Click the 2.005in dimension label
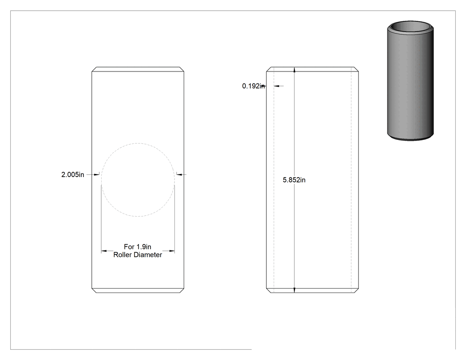click(x=73, y=174)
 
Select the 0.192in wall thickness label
click(x=253, y=86)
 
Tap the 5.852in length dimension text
click(x=294, y=180)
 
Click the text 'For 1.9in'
click(x=138, y=247)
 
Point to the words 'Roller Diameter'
click(x=138, y=255)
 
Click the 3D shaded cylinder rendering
click(x=411, y=80)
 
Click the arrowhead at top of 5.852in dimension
click(x=295, y=70)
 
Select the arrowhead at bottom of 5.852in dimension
click(x=295, y=290)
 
